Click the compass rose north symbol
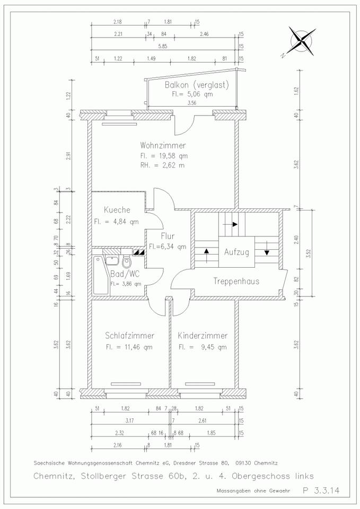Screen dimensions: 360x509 click(x=302, y=41)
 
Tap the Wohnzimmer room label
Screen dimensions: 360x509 click(x=163, y=145)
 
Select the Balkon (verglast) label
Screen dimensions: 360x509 click(x=197, y=85)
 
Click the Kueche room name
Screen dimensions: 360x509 click(x=117, y=210)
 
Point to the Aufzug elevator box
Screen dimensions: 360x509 click(x=236, y=252)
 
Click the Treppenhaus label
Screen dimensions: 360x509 click(x=236, y=281)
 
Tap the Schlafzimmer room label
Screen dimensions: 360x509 click(x=129, y=335)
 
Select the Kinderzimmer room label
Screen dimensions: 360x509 click(x=203, y=335)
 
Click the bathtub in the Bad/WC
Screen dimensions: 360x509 click(x=102, y=275)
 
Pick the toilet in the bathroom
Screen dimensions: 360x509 click(x=127, y=261)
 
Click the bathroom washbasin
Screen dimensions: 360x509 click(x=112, y=260)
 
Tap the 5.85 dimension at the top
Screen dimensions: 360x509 click(x=162, y=46)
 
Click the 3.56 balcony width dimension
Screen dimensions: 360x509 click(x=191, y=103)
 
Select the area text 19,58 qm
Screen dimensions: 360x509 click(x=173, y=155)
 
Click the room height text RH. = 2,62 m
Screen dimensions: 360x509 click(x=162, y=165)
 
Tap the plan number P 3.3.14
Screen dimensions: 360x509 click(x=321, y=490)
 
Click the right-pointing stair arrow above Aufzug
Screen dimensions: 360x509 click(x=233, y=224)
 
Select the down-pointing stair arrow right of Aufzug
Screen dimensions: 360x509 click(x=267, y=248)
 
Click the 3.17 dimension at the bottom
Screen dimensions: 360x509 click(x=130, y=420)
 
